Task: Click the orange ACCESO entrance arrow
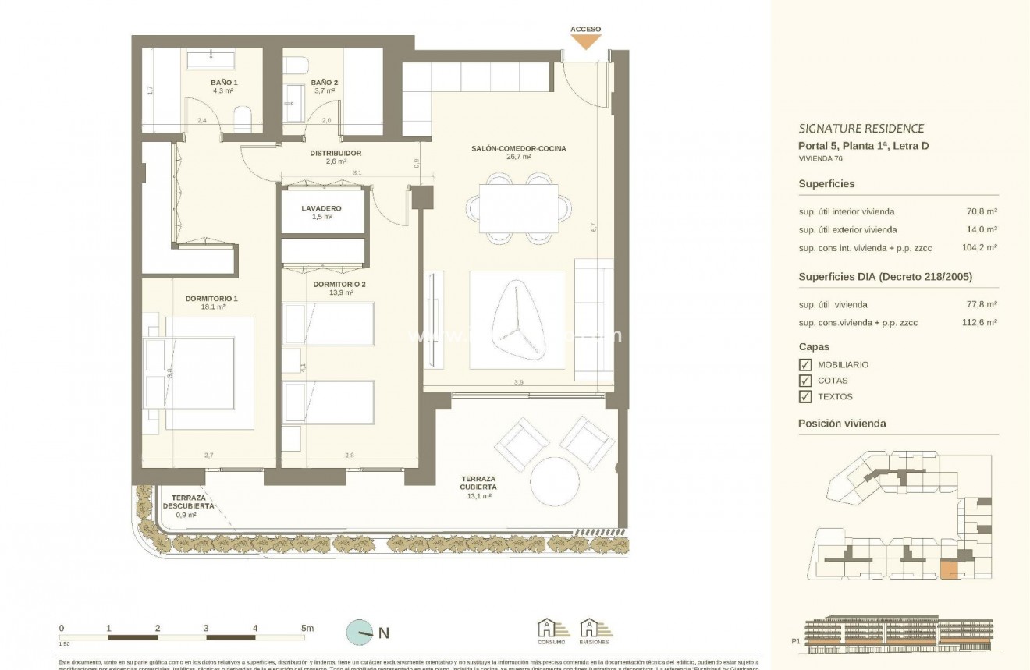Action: point(585,42)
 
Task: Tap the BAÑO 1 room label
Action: point(224,82)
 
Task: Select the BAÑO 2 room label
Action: point(324,82)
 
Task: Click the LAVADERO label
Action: point(321,209)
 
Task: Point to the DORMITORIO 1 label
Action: point(211,298)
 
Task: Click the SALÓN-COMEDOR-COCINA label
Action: point(518,148)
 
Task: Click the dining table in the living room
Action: point(519,208)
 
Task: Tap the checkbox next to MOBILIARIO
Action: point(805,365)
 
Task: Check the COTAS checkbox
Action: point(805,381)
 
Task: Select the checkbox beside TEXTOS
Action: point(805,397)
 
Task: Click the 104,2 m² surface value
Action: point(982,248)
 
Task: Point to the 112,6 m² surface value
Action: point(982,322)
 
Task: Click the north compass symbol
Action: point(360,633)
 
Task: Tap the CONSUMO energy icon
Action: point(550,629)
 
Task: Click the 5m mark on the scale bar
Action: point(307,628)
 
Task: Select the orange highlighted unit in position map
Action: point(948,570)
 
